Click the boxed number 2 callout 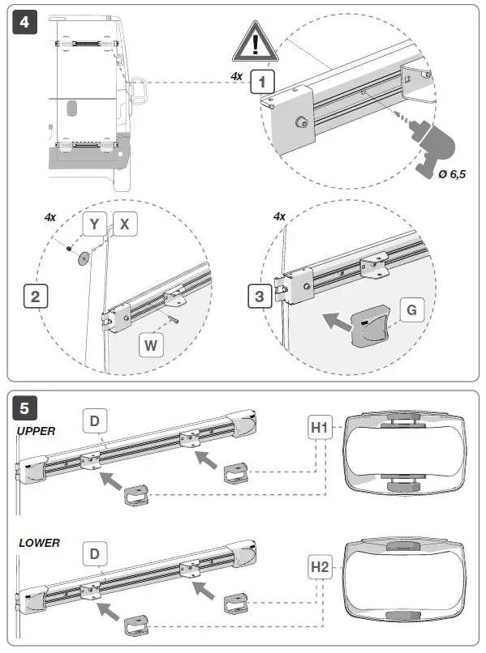coord(34,296)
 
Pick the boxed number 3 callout coord(260,296)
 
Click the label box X coord(124,224)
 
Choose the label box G coord(411,309)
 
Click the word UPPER coord(37,431)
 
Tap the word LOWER coord(39,542)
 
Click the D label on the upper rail coord(94,421)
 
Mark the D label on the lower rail coord(94,553)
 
